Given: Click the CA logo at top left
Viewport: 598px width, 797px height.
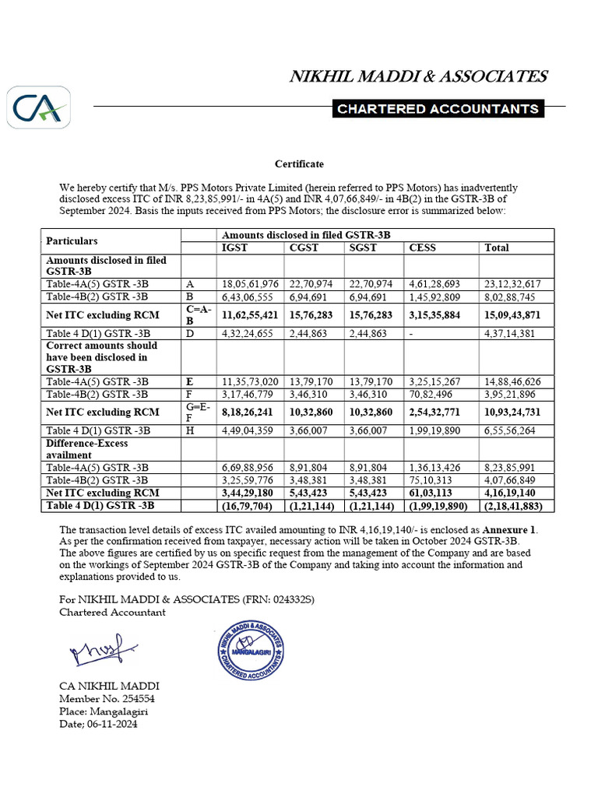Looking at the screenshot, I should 39,107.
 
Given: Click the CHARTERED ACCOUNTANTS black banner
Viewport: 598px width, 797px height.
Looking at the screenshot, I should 437,109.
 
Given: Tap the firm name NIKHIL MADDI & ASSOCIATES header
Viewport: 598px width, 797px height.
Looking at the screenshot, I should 418,76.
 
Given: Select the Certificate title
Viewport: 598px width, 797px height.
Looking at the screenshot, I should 299,164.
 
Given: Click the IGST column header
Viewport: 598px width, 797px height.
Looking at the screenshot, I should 235,248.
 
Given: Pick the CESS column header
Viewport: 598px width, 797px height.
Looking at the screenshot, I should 423,248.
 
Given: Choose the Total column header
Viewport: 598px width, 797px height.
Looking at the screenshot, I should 497,248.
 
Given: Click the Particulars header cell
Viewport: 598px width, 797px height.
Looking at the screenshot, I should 72,241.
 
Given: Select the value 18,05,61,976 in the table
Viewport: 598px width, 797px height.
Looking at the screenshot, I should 250,284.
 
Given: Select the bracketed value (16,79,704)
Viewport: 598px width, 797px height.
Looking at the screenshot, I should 250,506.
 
